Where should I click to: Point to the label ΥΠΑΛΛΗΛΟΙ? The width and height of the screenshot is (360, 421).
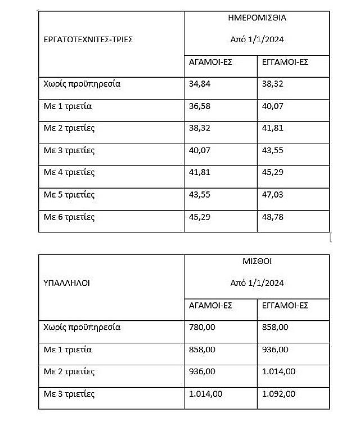pos(66,283)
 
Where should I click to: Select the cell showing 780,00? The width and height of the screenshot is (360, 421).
pos(201,327)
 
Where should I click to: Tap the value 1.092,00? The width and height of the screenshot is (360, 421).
pos(278,393)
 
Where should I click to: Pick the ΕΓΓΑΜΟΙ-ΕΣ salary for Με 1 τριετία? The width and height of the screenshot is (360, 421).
pos(275,350)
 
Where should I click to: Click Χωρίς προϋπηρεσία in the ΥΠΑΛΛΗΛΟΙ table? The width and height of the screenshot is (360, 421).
pos(82,327)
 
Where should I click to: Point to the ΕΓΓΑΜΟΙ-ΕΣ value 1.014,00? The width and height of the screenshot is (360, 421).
pos(278,371)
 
